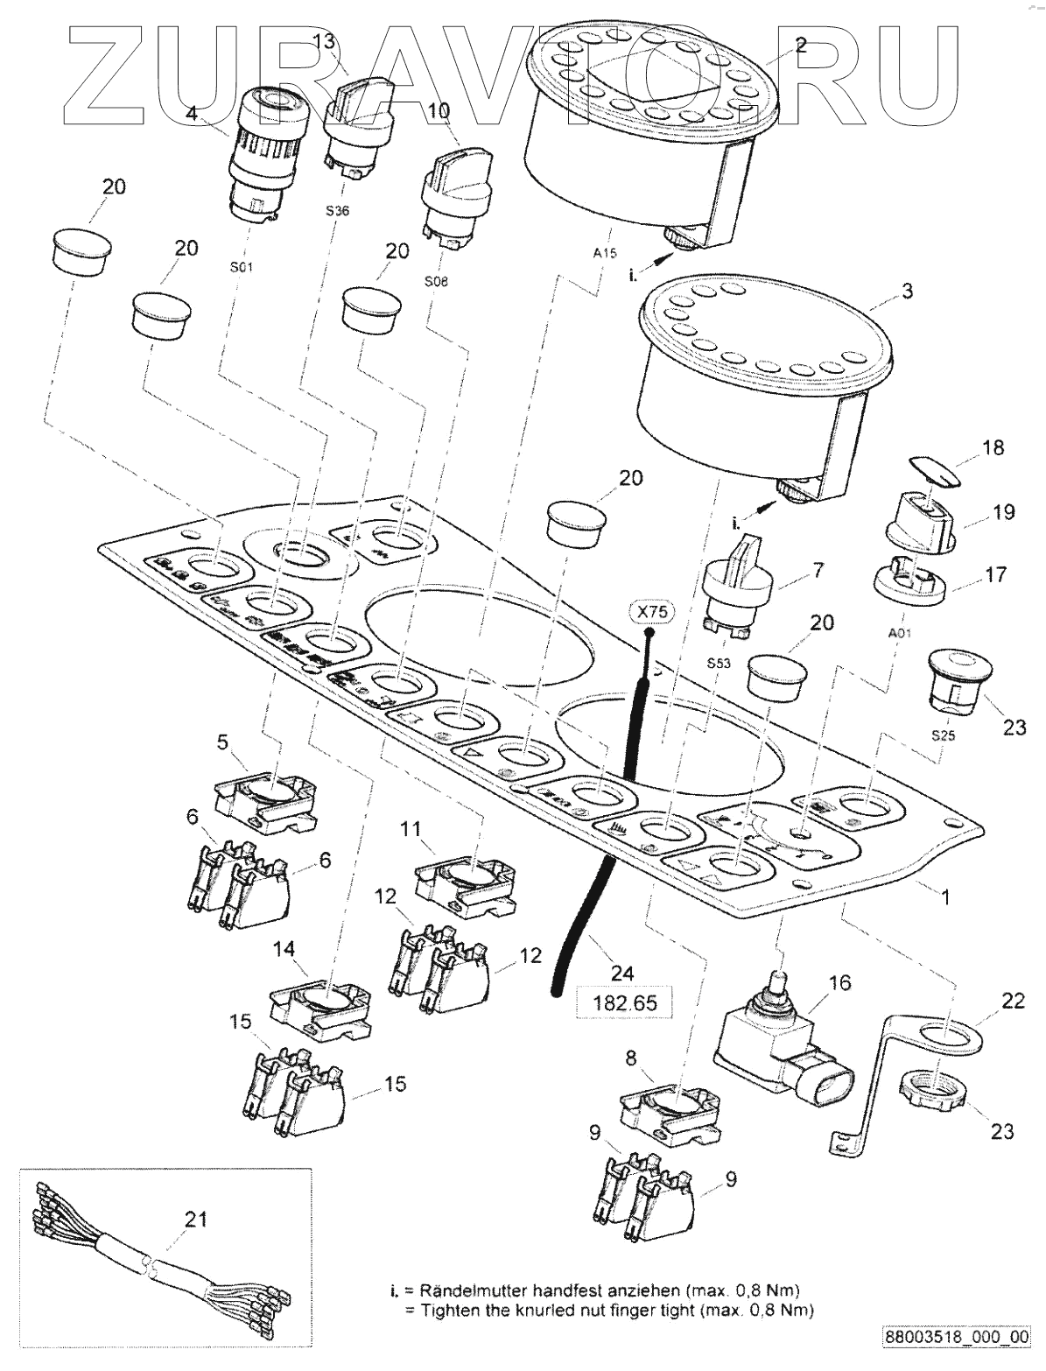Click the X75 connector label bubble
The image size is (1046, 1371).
click(x=648, y=612)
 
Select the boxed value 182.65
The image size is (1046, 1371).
click(x=625, y=1001)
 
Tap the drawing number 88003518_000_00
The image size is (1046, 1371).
click(x=957, y=1337)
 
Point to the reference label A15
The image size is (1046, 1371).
click(x=604, y=253)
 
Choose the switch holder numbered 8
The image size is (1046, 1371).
click(x=669, y=1106)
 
